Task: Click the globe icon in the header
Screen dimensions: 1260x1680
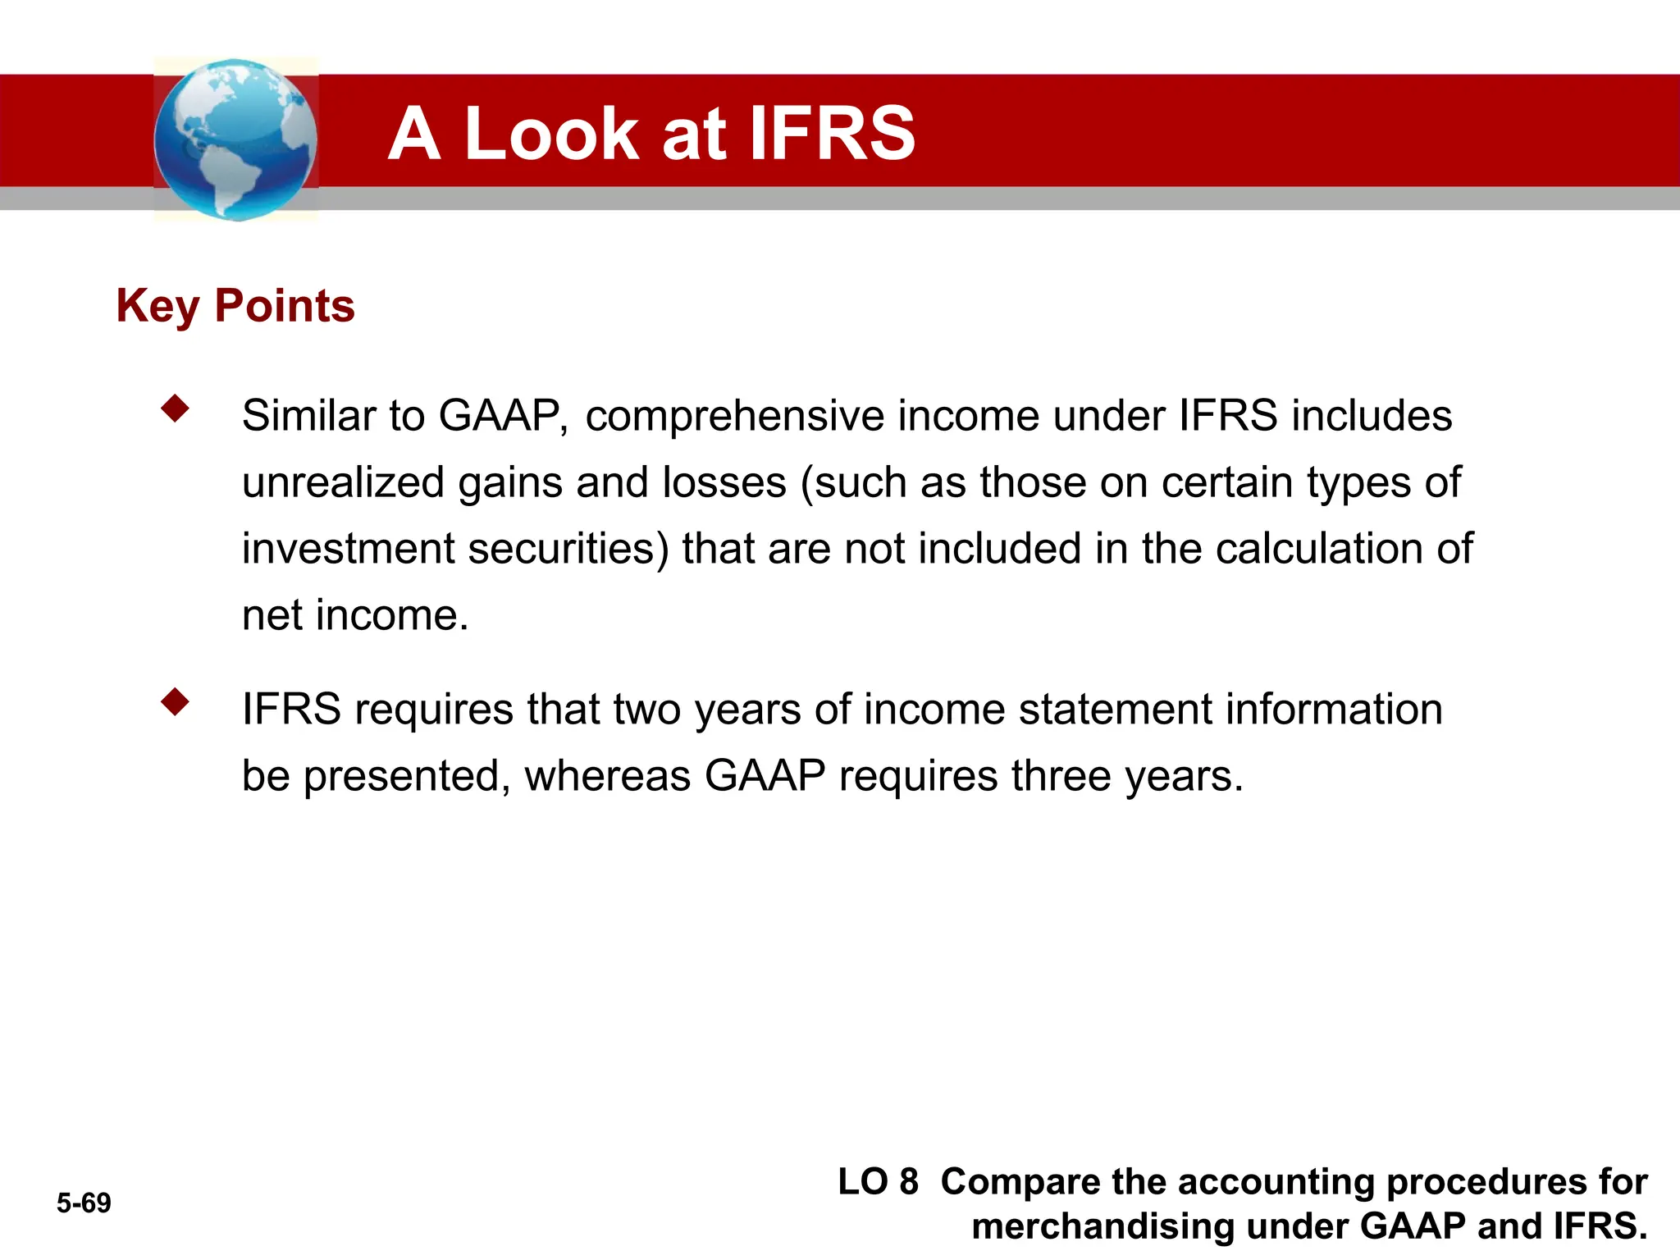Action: (235, 139)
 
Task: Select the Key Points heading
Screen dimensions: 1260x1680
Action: (235, 306)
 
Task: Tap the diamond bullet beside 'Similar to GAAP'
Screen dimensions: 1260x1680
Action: (175, 408)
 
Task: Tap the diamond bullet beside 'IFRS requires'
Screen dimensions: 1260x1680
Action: (175, 701)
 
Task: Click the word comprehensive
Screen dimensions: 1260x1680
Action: (734, 416)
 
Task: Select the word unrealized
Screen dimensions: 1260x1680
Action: (343, 482)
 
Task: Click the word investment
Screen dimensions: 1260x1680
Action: (348, 548)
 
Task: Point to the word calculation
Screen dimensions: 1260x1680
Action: (1318, 548)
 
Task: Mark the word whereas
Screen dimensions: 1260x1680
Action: (607, 776)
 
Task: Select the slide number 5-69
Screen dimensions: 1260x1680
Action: (84, 1203)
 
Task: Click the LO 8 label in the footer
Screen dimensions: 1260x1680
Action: (878, 1182)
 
